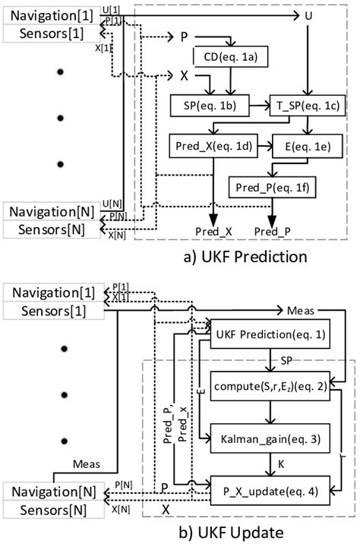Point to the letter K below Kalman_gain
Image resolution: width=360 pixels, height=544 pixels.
tap(270, 463)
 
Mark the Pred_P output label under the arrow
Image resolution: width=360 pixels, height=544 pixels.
tap(271, 230)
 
